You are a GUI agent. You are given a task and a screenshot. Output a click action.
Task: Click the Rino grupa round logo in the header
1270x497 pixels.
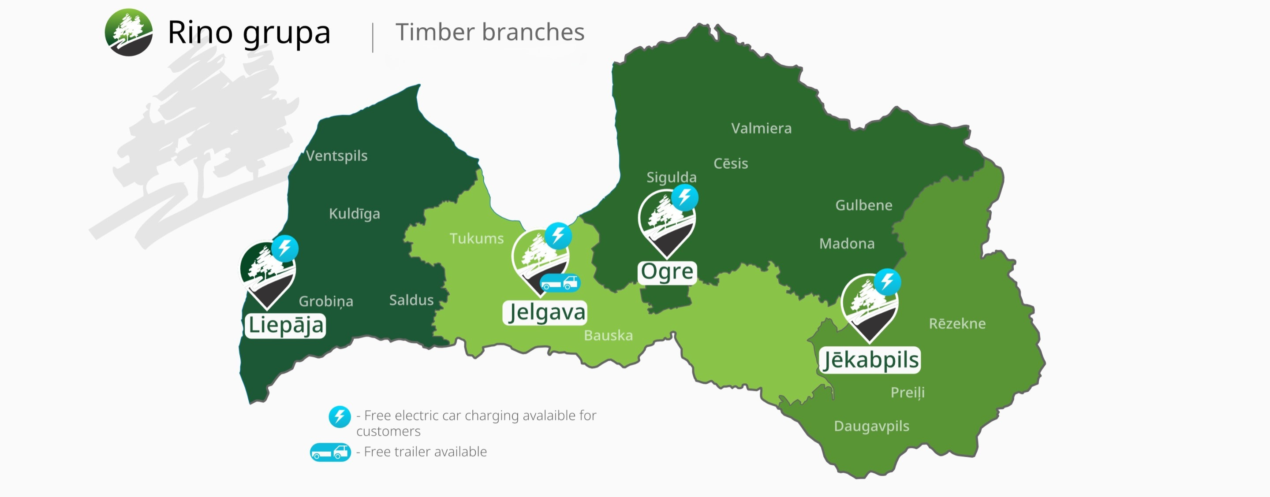click(129, 32)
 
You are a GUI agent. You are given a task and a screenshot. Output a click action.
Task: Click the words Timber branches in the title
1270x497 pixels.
click(489, 33)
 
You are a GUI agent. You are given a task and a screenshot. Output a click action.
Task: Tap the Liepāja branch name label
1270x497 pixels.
click(285, 326)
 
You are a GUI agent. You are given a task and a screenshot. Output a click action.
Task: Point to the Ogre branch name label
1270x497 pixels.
click(667, 272)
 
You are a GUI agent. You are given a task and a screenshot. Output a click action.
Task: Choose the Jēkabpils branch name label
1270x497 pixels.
click(870, 360)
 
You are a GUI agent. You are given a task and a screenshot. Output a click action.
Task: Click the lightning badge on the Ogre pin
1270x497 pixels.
click(685, 197)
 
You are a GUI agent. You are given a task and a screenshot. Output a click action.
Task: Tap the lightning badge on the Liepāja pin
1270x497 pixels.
click(285, 248)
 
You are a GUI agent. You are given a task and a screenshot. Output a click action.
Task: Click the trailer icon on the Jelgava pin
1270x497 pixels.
click(560, 283)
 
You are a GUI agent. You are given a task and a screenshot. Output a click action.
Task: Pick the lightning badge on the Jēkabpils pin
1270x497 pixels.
click(887, 282)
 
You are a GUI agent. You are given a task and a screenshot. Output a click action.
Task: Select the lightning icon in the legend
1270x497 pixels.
click(340, 417)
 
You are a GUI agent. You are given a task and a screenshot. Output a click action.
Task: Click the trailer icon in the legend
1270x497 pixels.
click(330, 452)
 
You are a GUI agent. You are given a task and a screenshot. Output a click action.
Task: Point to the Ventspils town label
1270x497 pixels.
click(337, 156)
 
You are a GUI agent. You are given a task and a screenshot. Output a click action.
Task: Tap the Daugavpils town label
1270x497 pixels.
click(872, 426)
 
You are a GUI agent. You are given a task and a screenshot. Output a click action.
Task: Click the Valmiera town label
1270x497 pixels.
click(761, 128)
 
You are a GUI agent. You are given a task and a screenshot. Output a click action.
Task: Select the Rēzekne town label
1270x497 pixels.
click(957, 323)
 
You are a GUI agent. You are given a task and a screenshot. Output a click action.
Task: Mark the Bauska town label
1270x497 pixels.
click(609, 335)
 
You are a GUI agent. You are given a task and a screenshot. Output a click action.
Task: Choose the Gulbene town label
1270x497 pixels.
click(864, 205)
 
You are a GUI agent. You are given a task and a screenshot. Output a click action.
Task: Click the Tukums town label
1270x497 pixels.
click(477, 238)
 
